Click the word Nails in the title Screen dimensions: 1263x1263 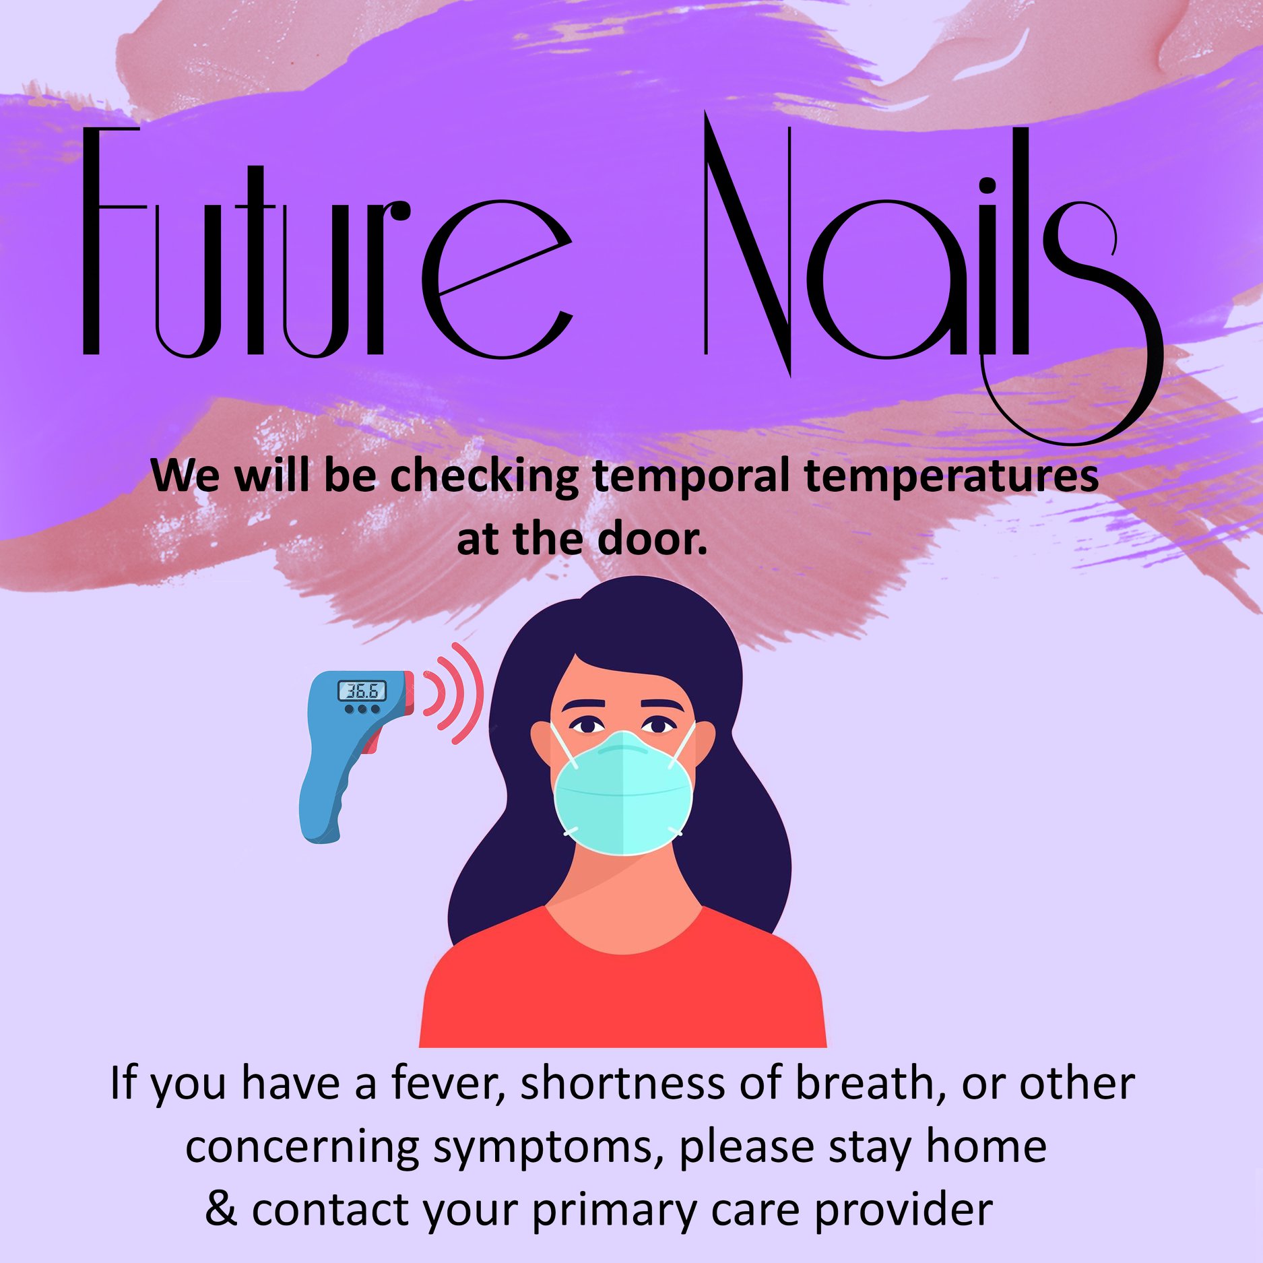click(x=933, y=276)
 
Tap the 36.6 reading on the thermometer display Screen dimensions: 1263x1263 click(x=362, y=690)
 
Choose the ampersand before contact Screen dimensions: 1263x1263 click(x=222, y=1209)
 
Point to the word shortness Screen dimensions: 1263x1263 click(x=624, y=1084)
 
